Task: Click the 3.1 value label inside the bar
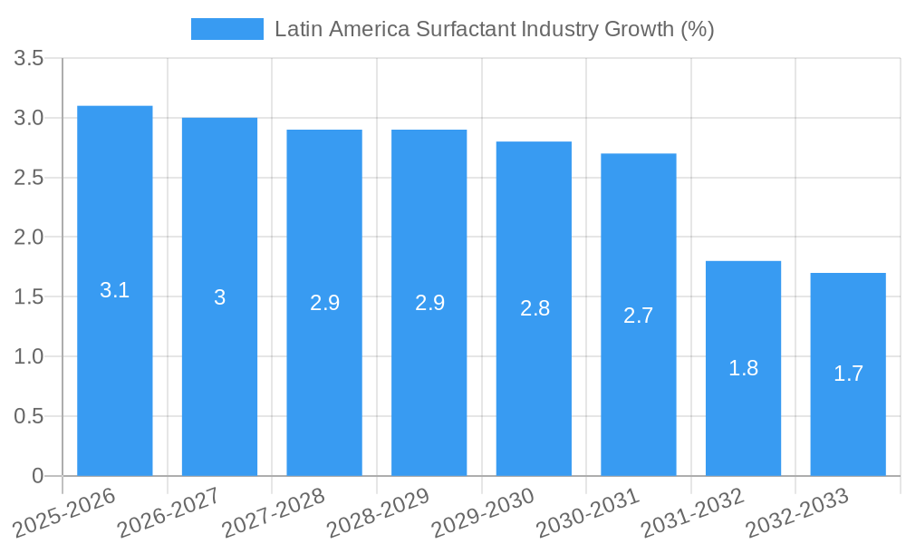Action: pyautogui.click(x=114, y=291)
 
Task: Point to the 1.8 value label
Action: pyautogui.click(x=743, y=368)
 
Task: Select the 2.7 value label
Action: pyautogui.click(x=638, y=316)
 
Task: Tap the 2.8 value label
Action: pyautogui.click(x=535, y=308)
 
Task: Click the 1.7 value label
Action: pyautogui.click(x=848, y=374)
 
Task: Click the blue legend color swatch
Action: pyautogui.click(x=226, y=29)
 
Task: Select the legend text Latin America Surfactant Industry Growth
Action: pyautogui.click(x=495, y=29)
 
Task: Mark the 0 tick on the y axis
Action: pyautogui.click(x=37, y=476)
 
